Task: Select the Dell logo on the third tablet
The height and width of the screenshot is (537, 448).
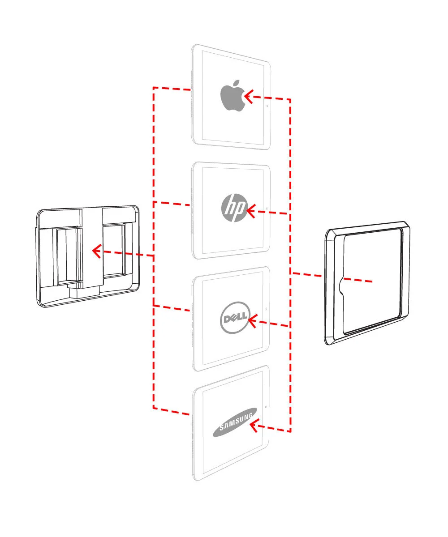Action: [x=234, y=319]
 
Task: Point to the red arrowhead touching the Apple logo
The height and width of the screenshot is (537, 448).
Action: [x=248, y=96]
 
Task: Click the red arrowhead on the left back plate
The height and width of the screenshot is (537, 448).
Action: [x=96, y=251]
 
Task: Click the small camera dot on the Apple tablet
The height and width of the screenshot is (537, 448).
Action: [x=267, y=106]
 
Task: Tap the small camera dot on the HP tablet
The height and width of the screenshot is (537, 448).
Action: [x=267, y=209]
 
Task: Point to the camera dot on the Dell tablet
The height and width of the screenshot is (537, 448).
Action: [x=267, y=308]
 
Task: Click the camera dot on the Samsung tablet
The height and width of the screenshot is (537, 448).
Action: [x=267, y=407]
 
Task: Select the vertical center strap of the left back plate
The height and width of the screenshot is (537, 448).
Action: [x=92, y=246]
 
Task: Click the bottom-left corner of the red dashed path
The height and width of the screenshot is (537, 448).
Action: [x=154, y=408]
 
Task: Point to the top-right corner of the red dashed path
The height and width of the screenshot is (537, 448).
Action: [x=290, y=99]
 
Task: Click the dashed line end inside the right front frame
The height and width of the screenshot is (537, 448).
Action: [x=372, y=281]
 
